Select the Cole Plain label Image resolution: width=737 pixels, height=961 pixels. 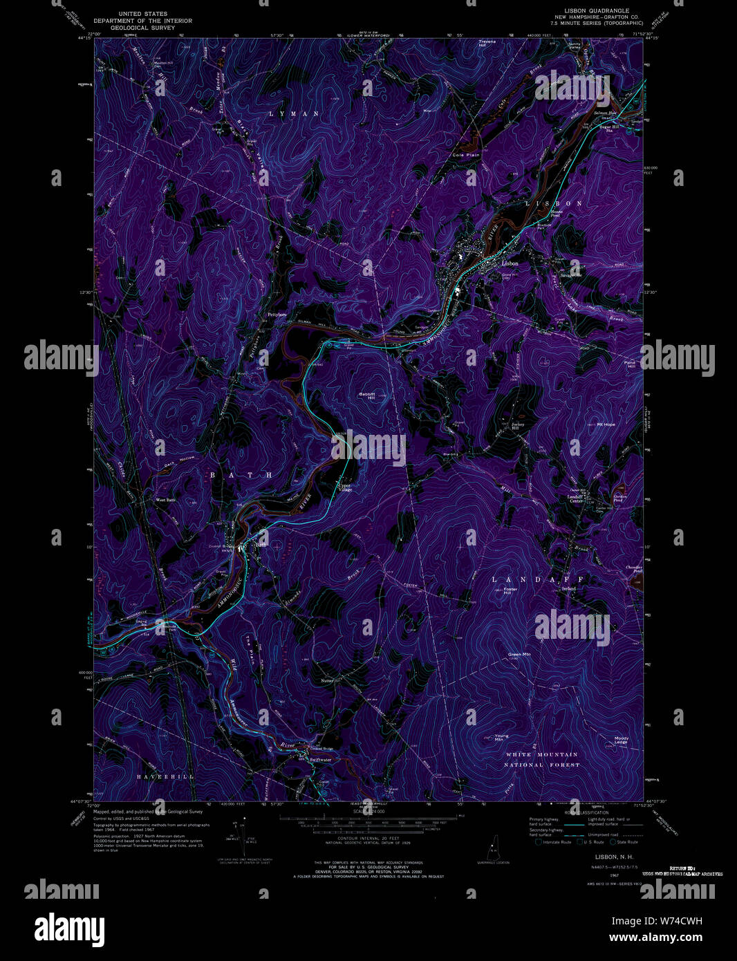point(466,155)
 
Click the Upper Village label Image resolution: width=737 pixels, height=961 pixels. point(344,487)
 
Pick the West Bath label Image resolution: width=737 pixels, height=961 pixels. point(165,500)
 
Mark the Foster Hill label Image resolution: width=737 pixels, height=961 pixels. point(510,591)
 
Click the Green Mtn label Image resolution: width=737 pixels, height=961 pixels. point(519,654)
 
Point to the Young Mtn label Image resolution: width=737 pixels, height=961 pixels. point(501,738)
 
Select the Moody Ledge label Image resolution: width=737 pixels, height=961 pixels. point(621,740)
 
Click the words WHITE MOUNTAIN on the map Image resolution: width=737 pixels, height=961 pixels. point(542,754)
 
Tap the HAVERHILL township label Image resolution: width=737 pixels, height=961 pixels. point(165,777)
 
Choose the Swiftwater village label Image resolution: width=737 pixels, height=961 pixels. point(321,760)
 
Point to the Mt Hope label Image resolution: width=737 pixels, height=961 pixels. point(606,424)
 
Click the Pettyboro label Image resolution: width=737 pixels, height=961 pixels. point(277,315)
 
